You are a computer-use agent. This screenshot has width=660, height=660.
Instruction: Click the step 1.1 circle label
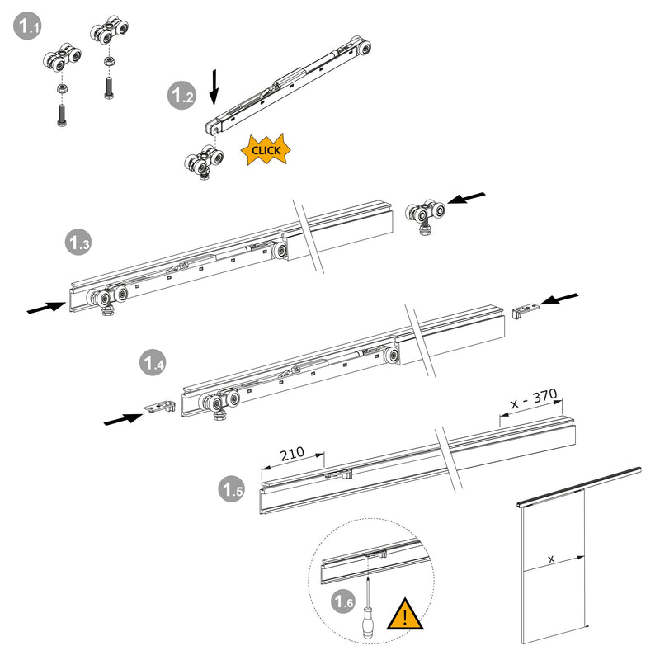(x=28, y=27)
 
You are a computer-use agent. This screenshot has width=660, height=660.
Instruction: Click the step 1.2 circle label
(x=181, y=96)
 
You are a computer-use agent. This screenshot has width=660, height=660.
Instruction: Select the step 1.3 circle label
(x=79, y=243)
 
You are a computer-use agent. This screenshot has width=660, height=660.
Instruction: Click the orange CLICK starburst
(x=266, y=150)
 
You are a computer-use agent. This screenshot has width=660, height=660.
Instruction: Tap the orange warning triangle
(x=405, y=615)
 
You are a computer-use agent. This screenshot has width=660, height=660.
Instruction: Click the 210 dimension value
(x=291, y=453)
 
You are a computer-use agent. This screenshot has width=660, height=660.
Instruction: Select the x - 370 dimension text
(x=532, y=398)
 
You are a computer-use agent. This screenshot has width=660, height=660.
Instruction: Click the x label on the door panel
(x=551, y=559)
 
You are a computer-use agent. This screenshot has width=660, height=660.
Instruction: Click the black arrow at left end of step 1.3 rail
(x=46, y=307)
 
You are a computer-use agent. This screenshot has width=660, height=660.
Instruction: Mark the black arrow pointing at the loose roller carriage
(x=467, y=199)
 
